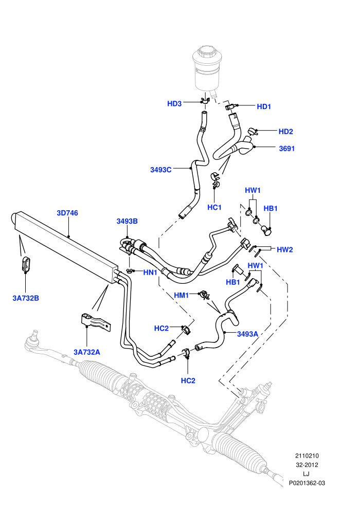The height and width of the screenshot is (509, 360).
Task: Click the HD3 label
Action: click(x=174, y=104)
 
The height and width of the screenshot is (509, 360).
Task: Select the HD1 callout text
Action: click(x=264, y=107)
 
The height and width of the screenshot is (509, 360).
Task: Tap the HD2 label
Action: click(x=285, y=132)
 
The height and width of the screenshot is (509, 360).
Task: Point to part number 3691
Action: click(x=286, y=149)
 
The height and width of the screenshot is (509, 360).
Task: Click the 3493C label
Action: click(x=160, y=170)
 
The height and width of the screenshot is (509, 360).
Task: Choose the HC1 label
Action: click(x=214, y=207)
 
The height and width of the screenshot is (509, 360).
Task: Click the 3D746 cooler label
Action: click(x=67, y=213)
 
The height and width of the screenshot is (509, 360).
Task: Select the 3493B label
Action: click(x=127, y=222)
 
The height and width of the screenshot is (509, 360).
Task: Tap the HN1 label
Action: click(x=150, y=272)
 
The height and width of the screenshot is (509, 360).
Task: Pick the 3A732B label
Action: click(x=26, y=298)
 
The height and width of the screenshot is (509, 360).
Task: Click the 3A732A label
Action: click(x=87, y=352)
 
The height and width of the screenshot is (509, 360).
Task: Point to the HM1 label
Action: click(x=182, y=296)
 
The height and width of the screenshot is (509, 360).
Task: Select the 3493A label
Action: click(x=247, y=334)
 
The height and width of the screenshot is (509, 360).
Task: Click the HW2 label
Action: click(x=285, y=250)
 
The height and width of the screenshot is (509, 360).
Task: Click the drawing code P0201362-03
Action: click(x=307, y=483)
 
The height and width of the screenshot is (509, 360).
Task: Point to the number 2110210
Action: click(x=307, y=456)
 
